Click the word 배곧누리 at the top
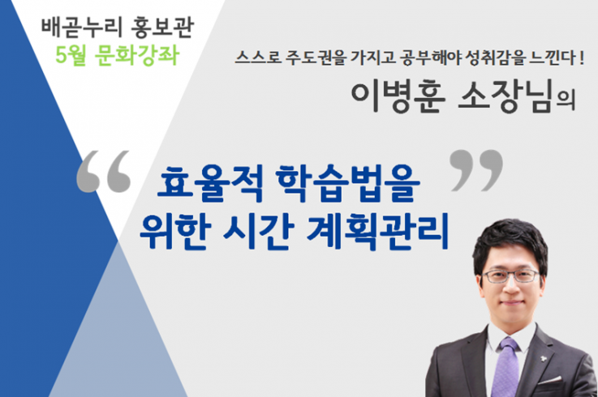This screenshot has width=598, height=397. point(81,28)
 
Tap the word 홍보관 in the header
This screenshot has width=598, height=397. point(162,28)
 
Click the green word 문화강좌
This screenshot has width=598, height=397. point(137,55)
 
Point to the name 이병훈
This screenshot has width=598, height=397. point(398,97)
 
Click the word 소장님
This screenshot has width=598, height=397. point(505,97)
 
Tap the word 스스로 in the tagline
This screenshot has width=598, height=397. point(258,58)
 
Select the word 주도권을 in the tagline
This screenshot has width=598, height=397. point(316,58)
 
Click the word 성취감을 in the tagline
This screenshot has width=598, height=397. point(494,58)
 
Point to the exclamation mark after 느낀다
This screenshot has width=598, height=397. point(581,58)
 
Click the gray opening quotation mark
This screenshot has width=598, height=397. point(103,172)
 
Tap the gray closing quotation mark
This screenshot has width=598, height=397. point(476,170)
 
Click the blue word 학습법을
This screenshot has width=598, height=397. point(347,184)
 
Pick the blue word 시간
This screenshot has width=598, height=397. point(259,231)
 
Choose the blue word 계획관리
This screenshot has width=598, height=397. point(377,231)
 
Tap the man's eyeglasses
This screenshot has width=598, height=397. point(511,275)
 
